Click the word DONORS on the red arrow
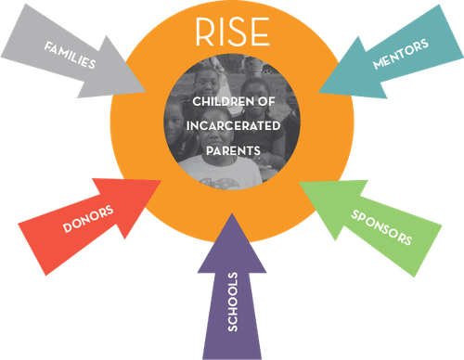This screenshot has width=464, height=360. [88, 220]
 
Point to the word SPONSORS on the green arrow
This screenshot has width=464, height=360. [380, 225]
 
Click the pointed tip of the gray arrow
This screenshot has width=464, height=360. [147, 91]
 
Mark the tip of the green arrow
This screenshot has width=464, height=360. [302, 182]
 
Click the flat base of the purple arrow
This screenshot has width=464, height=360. [232, 356]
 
